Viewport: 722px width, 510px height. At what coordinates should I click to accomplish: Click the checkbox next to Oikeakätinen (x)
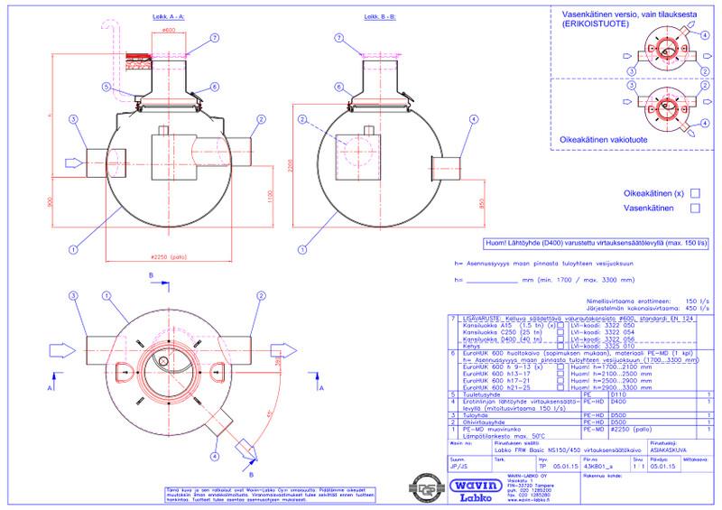tap(695, 193)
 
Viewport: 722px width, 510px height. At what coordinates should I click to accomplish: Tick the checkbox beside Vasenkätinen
tap(695, 209)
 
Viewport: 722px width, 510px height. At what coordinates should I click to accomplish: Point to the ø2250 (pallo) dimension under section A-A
tap(170, 255)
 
